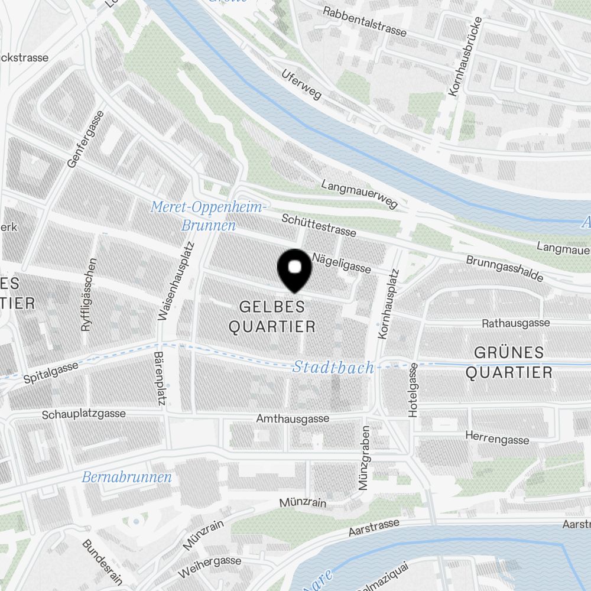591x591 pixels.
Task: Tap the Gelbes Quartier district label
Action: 272,316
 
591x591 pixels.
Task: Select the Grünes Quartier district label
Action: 509,362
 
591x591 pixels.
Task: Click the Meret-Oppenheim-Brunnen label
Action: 209,216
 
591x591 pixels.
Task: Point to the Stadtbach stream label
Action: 333,368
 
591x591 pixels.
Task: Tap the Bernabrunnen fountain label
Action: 126,477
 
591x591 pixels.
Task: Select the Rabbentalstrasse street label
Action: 365,21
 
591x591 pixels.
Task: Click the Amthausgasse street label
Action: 293,418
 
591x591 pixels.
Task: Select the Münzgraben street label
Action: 364,458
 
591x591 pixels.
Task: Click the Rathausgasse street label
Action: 515,323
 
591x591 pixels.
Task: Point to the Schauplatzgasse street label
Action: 83,414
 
